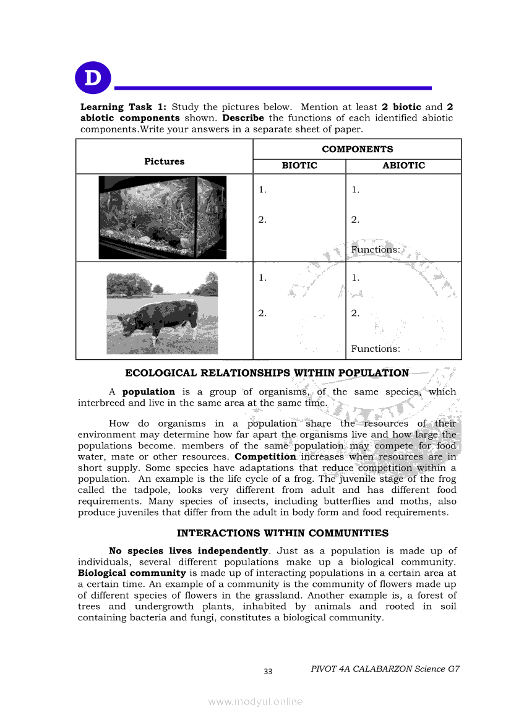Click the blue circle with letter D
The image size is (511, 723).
click(92, 79)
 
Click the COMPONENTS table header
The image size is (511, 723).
click(357, 149)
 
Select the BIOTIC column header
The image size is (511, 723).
click(299, 166)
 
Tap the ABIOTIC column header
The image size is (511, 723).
click(403, 166)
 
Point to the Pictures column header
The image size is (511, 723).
click(164, 161)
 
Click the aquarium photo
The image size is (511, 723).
click(163, 217)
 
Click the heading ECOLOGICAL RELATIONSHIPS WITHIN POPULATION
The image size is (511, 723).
click(267, 374)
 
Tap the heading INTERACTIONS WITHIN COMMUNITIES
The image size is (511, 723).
click(283, 533)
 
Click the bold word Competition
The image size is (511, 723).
click(265, 457)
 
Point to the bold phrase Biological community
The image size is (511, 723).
click(132, 573)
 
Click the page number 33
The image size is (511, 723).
click(268, 672)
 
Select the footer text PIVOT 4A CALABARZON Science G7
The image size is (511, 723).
click(385, 669)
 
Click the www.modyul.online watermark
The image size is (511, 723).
click(255, 702)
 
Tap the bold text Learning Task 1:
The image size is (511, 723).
click(123, 107)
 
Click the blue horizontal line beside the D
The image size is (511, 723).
click(273, 88)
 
